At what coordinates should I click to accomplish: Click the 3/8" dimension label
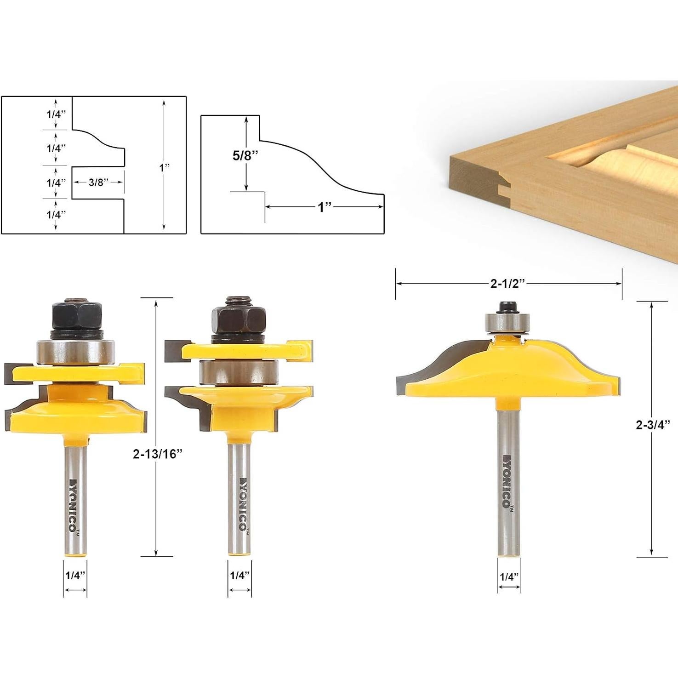(98, 182)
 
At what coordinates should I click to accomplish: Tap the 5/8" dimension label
(245, 155)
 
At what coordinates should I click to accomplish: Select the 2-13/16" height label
(158, 454)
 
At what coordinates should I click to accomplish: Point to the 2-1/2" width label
(507, 284)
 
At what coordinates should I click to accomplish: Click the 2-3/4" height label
(653, 425)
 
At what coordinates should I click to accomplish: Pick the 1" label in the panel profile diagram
(325, 207)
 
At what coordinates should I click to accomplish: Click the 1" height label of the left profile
(165, 168)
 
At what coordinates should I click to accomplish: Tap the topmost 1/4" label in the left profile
(56, 114)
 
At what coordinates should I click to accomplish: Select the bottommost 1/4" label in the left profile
(56, 215)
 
